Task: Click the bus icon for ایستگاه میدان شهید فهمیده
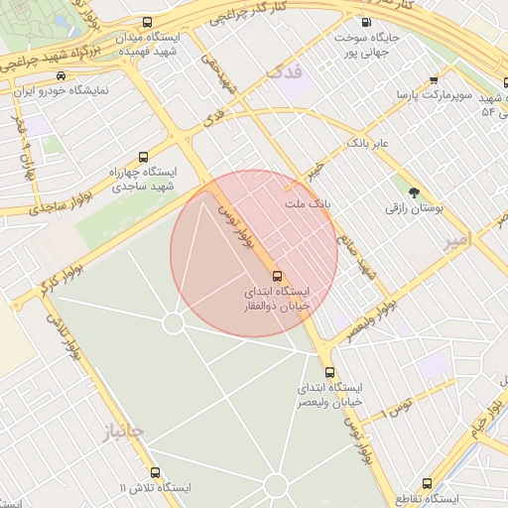click(x=148, y=23)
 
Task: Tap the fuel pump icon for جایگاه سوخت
click(x=367, y=22)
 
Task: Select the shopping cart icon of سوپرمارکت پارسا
click(x=433, y=80)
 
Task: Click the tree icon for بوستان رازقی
click(x=414, y=191)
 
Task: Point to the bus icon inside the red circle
click(x=276, y=275)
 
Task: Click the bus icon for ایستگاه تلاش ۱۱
click(x=154, y=472)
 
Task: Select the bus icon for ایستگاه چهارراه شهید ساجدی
click(x=144, y=157)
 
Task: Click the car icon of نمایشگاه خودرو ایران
click(x=63, y=75)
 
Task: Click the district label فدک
click(x=284, y=71)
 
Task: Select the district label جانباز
click(x=123, y=432)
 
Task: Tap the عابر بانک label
click(x=368, y=144)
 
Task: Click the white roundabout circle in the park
click(x=173, y=323)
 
